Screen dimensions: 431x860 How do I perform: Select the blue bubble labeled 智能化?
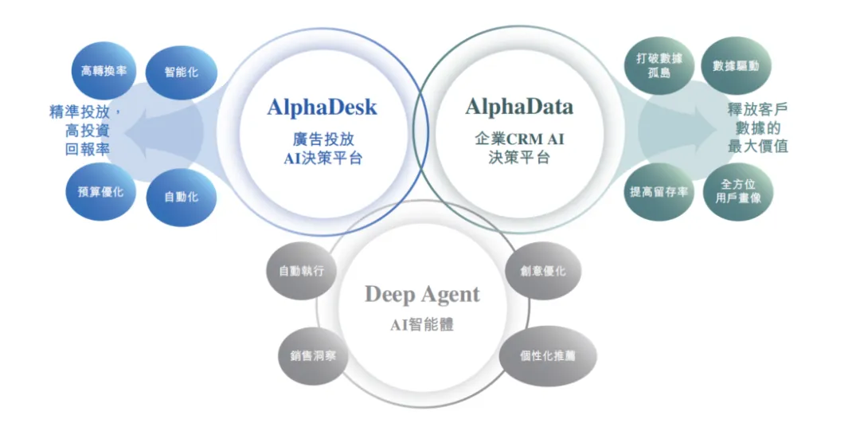coord(182,72)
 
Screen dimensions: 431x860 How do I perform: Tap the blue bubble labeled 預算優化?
coord(100,192)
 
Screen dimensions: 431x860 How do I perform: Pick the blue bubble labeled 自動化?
coord(182,197)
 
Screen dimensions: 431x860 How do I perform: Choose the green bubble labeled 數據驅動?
coord(736,65)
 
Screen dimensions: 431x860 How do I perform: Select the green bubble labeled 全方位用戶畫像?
coord(737,191)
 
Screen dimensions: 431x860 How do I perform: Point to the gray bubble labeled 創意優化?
coord(544,271)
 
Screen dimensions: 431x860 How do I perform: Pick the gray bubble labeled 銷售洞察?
coord(313,355)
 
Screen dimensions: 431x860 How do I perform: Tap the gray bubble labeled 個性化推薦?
coord(548,355)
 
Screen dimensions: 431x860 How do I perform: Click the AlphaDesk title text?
coord(322,107)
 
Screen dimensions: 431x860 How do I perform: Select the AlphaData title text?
coord(519,106)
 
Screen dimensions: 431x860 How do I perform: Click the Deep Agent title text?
coord(422,295)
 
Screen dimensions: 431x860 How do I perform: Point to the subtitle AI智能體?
coord(422,324)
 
